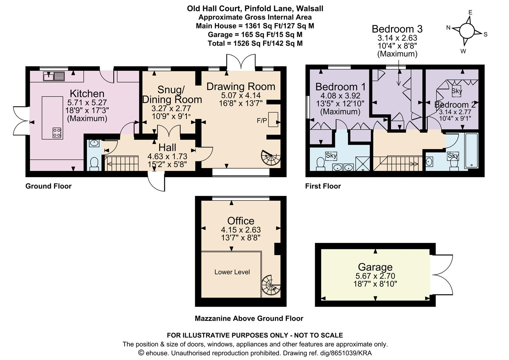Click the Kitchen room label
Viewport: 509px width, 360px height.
87,94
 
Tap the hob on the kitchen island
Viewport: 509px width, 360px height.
57,133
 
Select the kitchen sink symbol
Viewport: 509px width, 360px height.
54,76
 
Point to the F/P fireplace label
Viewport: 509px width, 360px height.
261,121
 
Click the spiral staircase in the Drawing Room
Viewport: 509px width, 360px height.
271,158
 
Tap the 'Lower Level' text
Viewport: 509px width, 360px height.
232,272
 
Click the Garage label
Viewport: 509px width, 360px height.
375,267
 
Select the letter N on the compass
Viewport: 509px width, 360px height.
448,28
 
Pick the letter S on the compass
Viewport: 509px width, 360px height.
485,34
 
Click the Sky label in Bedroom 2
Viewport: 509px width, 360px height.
456,91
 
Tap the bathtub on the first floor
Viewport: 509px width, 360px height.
471,151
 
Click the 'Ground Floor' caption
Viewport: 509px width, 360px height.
48,186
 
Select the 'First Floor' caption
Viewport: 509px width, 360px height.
323,186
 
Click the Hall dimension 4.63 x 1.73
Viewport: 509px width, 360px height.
167,156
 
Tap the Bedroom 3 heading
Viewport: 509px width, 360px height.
397,29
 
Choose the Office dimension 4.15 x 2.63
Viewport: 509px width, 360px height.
241,230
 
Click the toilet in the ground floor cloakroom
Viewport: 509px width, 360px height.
94,164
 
